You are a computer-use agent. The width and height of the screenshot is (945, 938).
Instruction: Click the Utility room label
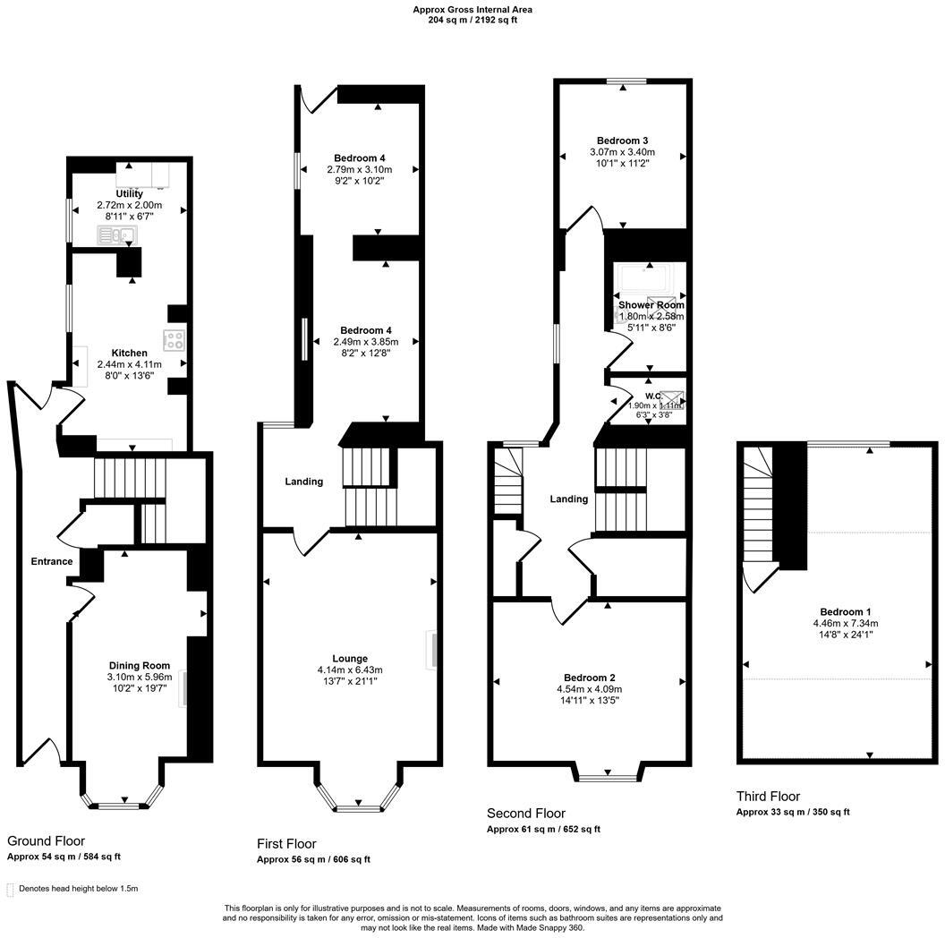[129, 193]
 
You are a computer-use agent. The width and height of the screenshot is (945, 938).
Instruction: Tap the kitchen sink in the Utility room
[116, 236]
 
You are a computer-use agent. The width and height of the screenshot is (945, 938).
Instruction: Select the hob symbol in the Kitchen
[173, 340]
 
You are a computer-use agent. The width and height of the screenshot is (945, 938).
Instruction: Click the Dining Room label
[140, 665]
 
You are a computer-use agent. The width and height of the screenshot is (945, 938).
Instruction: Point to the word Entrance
[52, 561]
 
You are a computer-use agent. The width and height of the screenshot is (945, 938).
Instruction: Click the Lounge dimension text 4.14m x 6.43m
[355, 669]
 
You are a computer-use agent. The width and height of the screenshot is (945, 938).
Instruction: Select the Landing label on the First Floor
[303, 482]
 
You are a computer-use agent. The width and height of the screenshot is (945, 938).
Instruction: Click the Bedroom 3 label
[622, 141]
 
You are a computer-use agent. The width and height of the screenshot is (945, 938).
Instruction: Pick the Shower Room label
[651, 305]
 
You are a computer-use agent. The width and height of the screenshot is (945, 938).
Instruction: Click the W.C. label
[652, 396]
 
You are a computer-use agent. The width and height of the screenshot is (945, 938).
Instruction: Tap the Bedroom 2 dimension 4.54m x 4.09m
[589, 689]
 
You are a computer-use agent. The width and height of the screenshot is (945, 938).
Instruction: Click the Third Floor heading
[768, 796]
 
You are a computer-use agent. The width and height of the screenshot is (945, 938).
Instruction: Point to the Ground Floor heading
[46, 840]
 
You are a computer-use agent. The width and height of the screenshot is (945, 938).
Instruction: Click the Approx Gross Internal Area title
[472, 10]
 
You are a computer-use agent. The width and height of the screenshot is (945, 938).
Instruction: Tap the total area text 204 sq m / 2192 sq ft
[472, 20]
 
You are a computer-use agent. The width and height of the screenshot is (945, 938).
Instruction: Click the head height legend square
[10, 890]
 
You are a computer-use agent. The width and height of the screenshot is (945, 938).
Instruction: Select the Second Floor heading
[525, 813]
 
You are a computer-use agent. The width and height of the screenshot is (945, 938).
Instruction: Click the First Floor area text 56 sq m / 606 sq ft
[313, 859]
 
